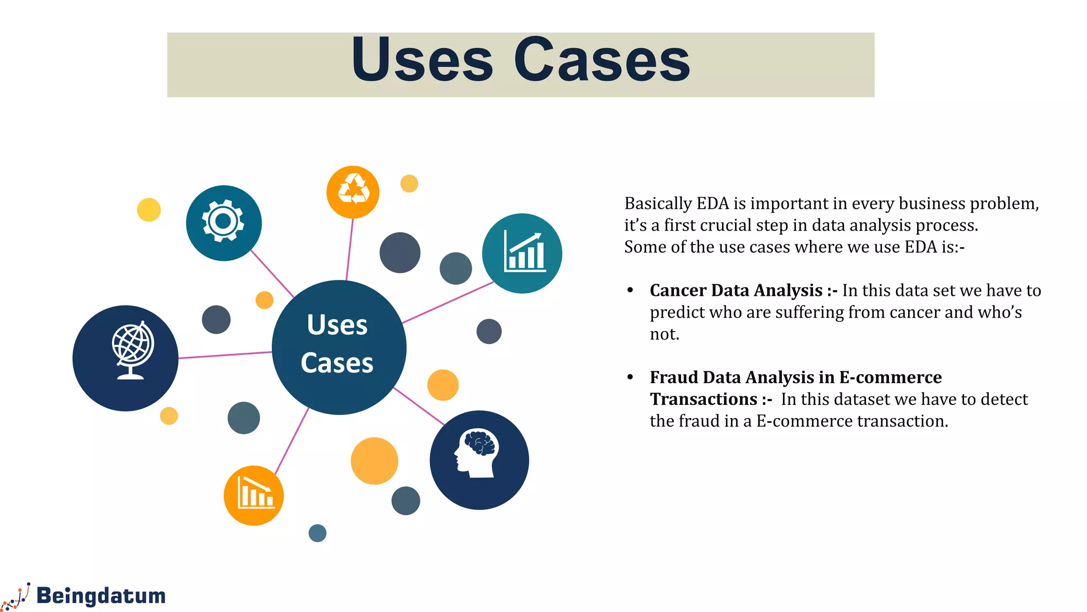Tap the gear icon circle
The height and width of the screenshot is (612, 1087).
tap(223, 223)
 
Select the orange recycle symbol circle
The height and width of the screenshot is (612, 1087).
tap(353, 192)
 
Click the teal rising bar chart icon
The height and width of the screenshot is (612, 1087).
tap(522, 253)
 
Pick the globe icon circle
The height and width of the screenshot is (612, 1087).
tap(126, 358)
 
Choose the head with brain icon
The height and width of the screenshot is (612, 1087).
tap(479, 460)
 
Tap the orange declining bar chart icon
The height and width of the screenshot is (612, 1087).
tap(254, 495)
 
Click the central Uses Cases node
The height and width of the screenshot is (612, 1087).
tap(339, 347)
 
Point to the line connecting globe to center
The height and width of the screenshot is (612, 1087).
tap(225, 355)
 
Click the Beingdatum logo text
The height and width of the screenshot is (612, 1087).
tap(101, 596)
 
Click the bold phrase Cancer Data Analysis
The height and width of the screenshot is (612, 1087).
tap(736, 291)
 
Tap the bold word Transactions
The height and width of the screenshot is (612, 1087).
tap(703, 399)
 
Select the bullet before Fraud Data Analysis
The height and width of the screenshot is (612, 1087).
tap(630, 377)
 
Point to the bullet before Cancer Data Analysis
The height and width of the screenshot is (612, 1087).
tap(630, 291)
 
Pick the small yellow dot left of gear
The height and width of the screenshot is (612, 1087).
tap(149, 210)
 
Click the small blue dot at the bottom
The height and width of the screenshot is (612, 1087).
tap(317, 533)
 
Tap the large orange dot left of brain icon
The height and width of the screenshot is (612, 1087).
tap(374, 461)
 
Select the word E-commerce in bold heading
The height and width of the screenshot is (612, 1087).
tap(890, 377)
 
